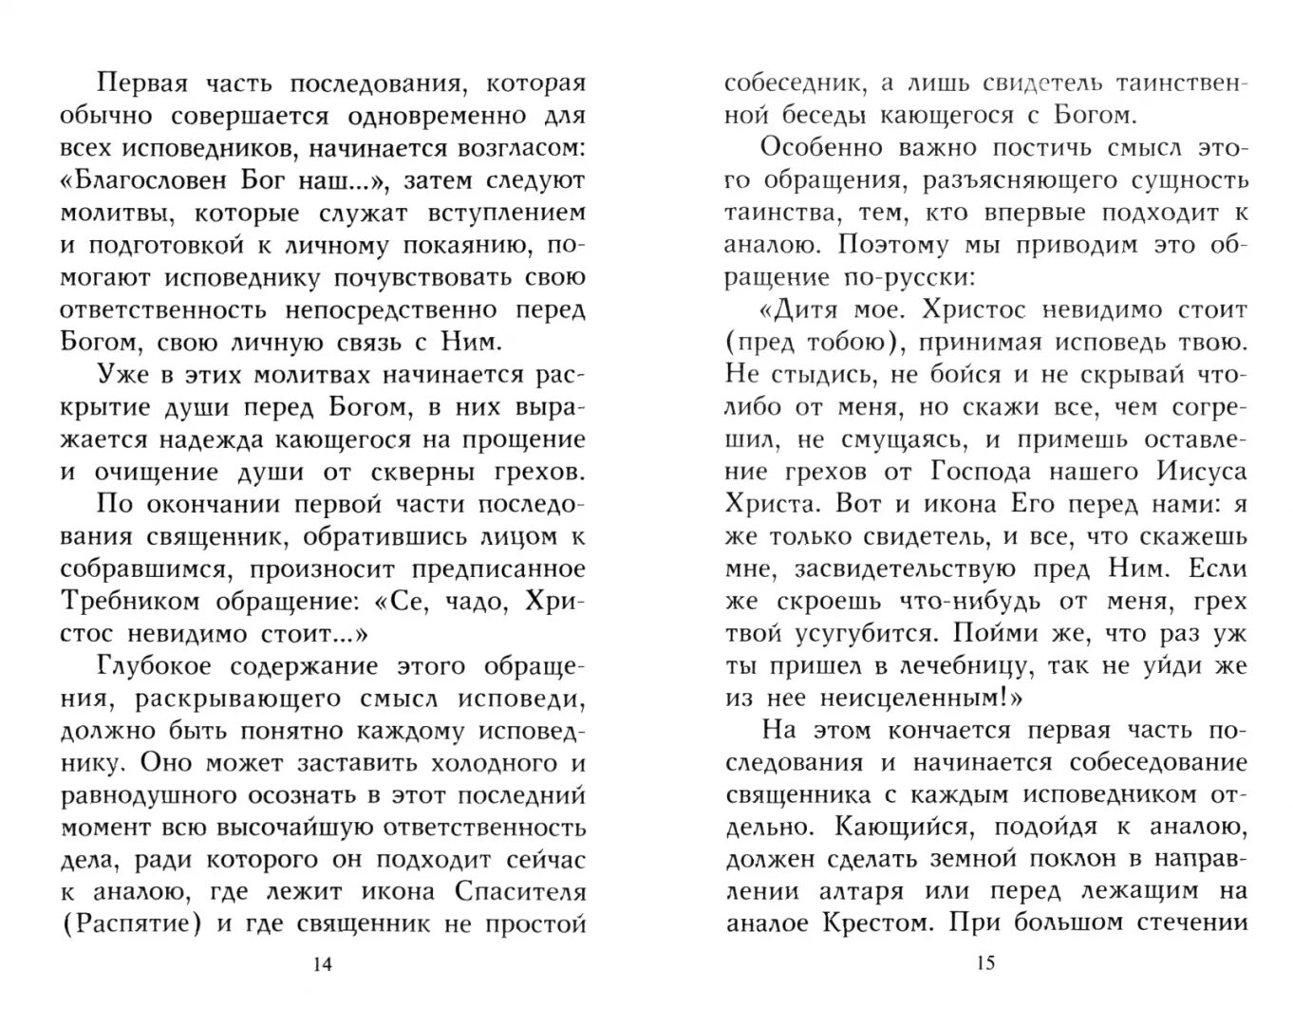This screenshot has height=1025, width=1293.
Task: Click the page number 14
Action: click(x=322, y=965)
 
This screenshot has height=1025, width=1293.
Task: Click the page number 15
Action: click(x=984, y=963)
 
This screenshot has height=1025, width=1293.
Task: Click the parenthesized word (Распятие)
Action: click(x=131, y=924)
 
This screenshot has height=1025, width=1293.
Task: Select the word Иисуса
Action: click(x=1201, y=471)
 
